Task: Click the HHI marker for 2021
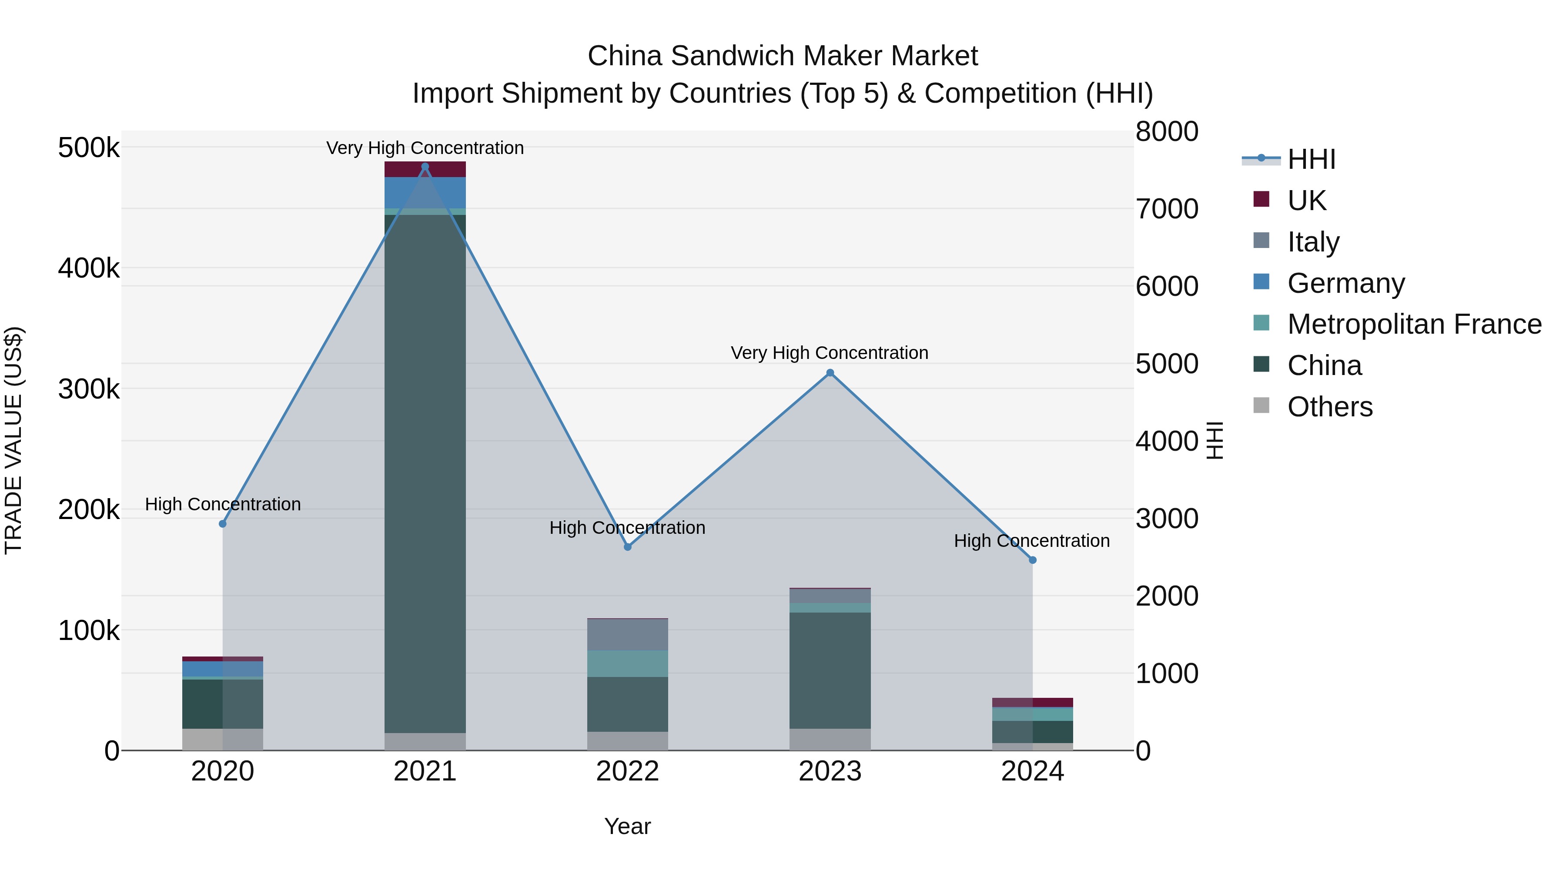click(425, 167)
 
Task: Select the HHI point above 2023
click(830, 373)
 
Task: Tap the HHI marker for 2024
click(1032, 560)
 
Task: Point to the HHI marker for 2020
click(222, 523)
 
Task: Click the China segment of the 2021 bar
click(425, 474)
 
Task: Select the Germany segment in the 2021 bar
click(425, 193)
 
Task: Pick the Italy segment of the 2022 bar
click(627, 635)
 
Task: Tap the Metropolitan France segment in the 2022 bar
click(627, 663)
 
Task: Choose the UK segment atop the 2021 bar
click(425, 169)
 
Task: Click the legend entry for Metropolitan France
click(1414, 324)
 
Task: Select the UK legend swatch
click(1261, 199)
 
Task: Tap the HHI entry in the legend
click(1311, 159)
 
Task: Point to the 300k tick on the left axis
click(89, 389)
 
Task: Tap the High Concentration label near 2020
click(222, 504)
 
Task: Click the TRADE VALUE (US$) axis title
click(13, 440)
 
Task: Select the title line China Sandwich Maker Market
click(783, 56)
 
